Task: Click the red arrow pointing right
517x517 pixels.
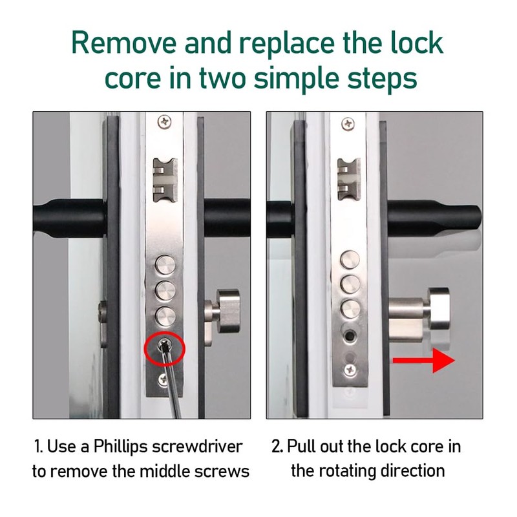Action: click(424, 361)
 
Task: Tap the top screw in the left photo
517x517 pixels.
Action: click(164, 122)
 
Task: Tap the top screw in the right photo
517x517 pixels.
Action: click(348, 124)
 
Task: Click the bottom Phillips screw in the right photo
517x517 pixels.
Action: click(350, 370)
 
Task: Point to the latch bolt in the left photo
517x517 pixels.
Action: click(165, 180)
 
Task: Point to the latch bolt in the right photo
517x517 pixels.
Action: click(349, 180)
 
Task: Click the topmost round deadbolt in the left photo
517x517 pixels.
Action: click(165, 264)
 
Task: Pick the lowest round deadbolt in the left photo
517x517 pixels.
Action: click(165, 316)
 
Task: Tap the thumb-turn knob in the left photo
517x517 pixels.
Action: click(228, 311)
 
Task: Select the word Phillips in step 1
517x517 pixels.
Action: click(120, 447)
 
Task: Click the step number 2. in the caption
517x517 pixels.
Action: click(277, 447)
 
